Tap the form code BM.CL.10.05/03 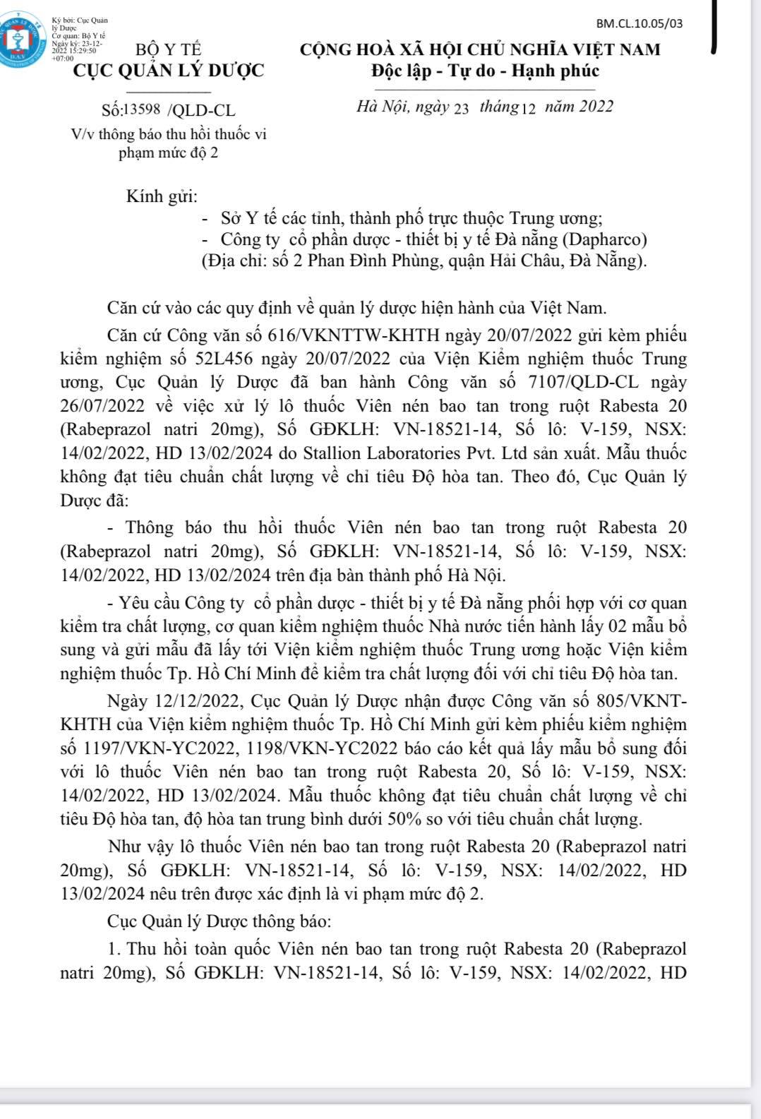click(640, 23)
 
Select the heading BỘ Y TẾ click(168, 50)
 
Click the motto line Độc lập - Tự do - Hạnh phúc click(485, 71)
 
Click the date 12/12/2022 click(194, 701)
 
